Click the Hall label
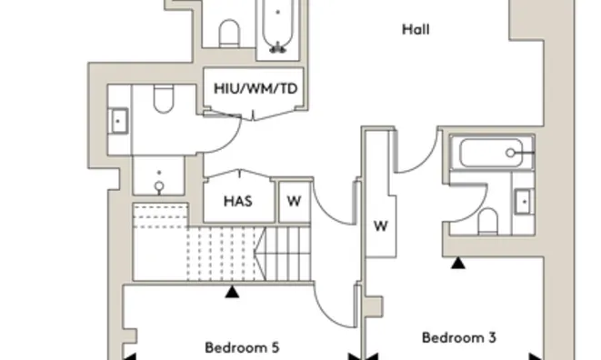(x=416, y=30)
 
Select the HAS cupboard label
(x=237, y=202)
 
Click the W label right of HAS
(x=293, y=202)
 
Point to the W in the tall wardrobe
(x=381, y=226)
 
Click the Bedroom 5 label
(x=241, y=346)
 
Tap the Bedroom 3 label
(x=458, y=338)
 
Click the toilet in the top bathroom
(x=229, y=35)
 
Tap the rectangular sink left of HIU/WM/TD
(x=118, y=119)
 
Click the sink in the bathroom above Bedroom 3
(x=523, y=201)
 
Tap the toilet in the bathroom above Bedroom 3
(x=487, y=221)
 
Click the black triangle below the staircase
(x=233, y=292)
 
